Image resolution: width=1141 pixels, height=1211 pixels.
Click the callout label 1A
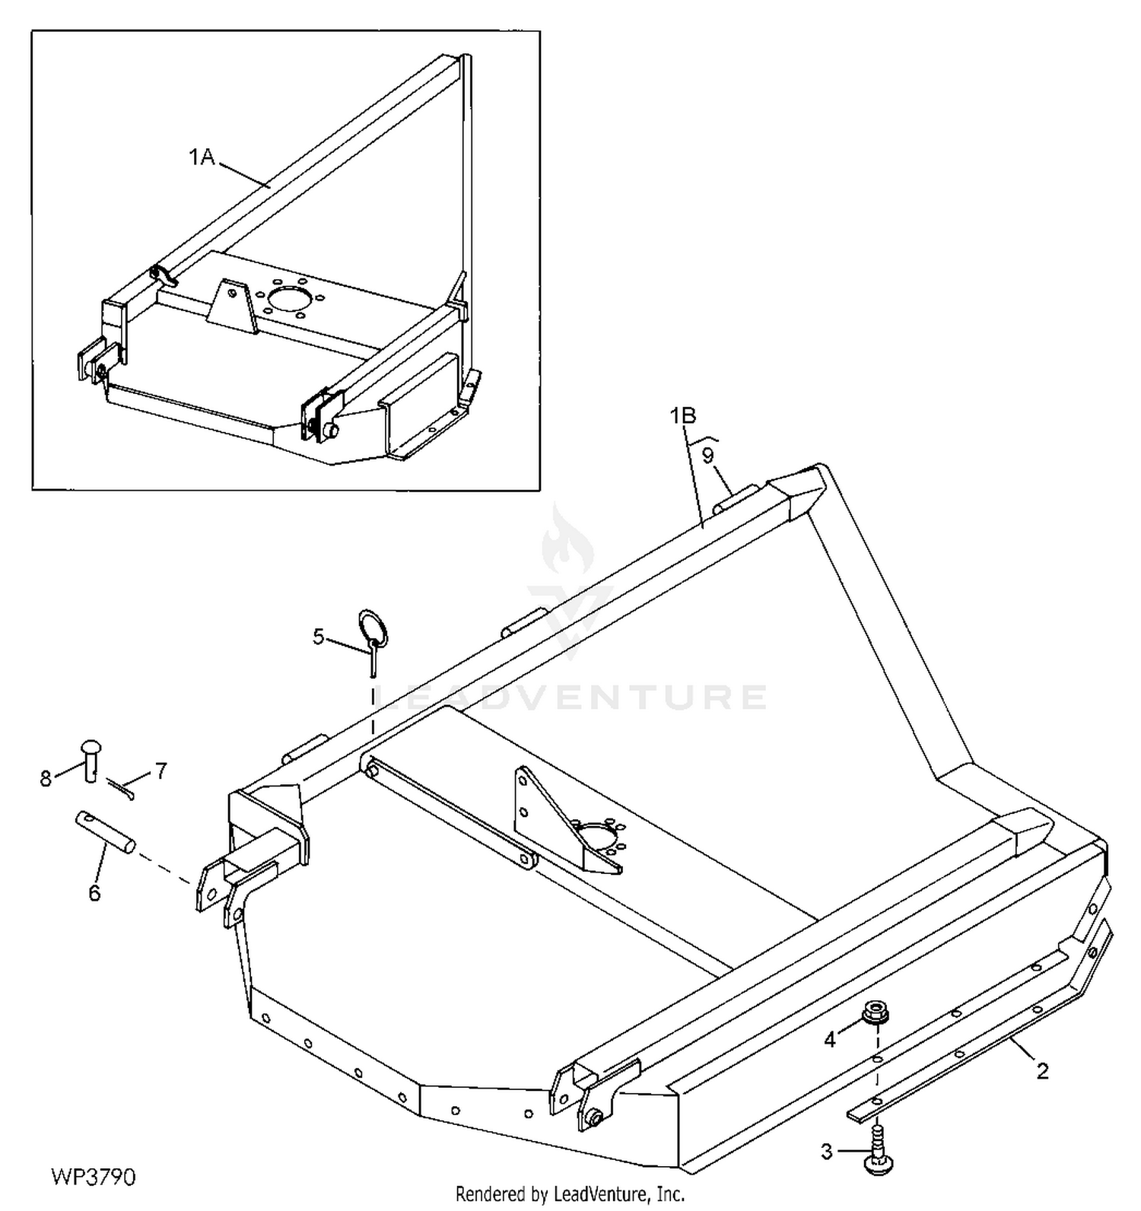tap(201, 157)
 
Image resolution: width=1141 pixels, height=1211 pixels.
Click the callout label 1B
tap(683, 415)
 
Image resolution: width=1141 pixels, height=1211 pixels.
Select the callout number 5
tap(319, 636)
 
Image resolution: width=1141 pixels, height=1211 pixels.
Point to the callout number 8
tap(46, 778)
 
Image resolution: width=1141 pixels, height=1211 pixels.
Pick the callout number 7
tap(161, 771)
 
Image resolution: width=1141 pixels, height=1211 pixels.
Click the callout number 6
tap(94, 893)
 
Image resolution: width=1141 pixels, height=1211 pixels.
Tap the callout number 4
tap(830, 1039)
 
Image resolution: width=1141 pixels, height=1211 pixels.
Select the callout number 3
tap(827, 1152)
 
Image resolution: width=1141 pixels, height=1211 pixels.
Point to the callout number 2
tap(1043, 1071)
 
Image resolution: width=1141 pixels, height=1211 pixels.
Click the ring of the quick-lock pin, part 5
tap(373, 625)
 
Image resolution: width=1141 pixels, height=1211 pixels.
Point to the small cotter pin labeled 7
tap(121, 789)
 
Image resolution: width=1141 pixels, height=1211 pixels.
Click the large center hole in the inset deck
tap(288, 297)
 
